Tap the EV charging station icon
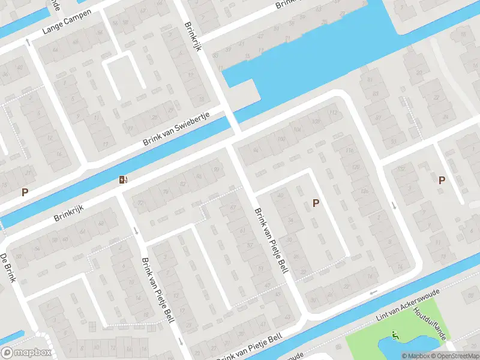[x=124, y=179]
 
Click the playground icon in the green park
[x=395, y=335]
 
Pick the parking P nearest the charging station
[x=25, y=192]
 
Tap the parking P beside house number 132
[x=442, y=179]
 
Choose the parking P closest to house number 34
[x=316, y=203]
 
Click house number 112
[x=333, y=113]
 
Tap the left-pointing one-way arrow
[x=374, y=293]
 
